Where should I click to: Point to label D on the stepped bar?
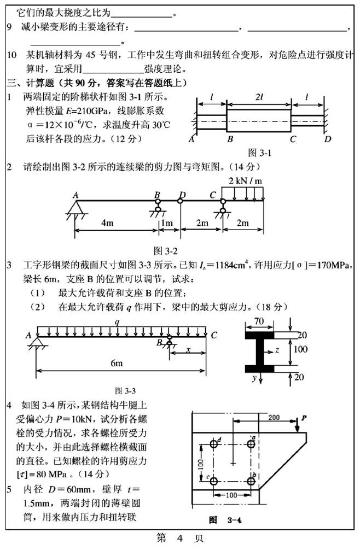327,139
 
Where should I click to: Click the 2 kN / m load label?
244,180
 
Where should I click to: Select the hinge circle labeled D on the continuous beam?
181,201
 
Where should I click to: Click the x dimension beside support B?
188,349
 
